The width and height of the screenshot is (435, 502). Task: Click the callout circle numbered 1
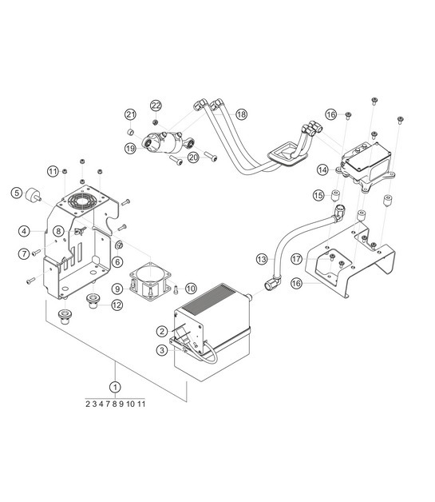point(116,386)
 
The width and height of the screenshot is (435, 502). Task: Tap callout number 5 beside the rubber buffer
point(16,192)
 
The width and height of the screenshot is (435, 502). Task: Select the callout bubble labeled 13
point(261,258)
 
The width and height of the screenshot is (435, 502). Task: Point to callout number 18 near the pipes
point(241,115)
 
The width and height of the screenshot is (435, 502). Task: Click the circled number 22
point(156,106)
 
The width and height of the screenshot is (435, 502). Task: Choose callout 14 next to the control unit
point(322,169)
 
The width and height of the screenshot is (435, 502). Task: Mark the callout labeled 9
point(117,288)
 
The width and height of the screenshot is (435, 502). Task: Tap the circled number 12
point(117,305)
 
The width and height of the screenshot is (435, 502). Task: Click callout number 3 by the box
point(161,349)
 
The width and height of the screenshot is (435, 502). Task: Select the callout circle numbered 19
point(130,148)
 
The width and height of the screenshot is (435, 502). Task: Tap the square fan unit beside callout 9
point(152,282)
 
